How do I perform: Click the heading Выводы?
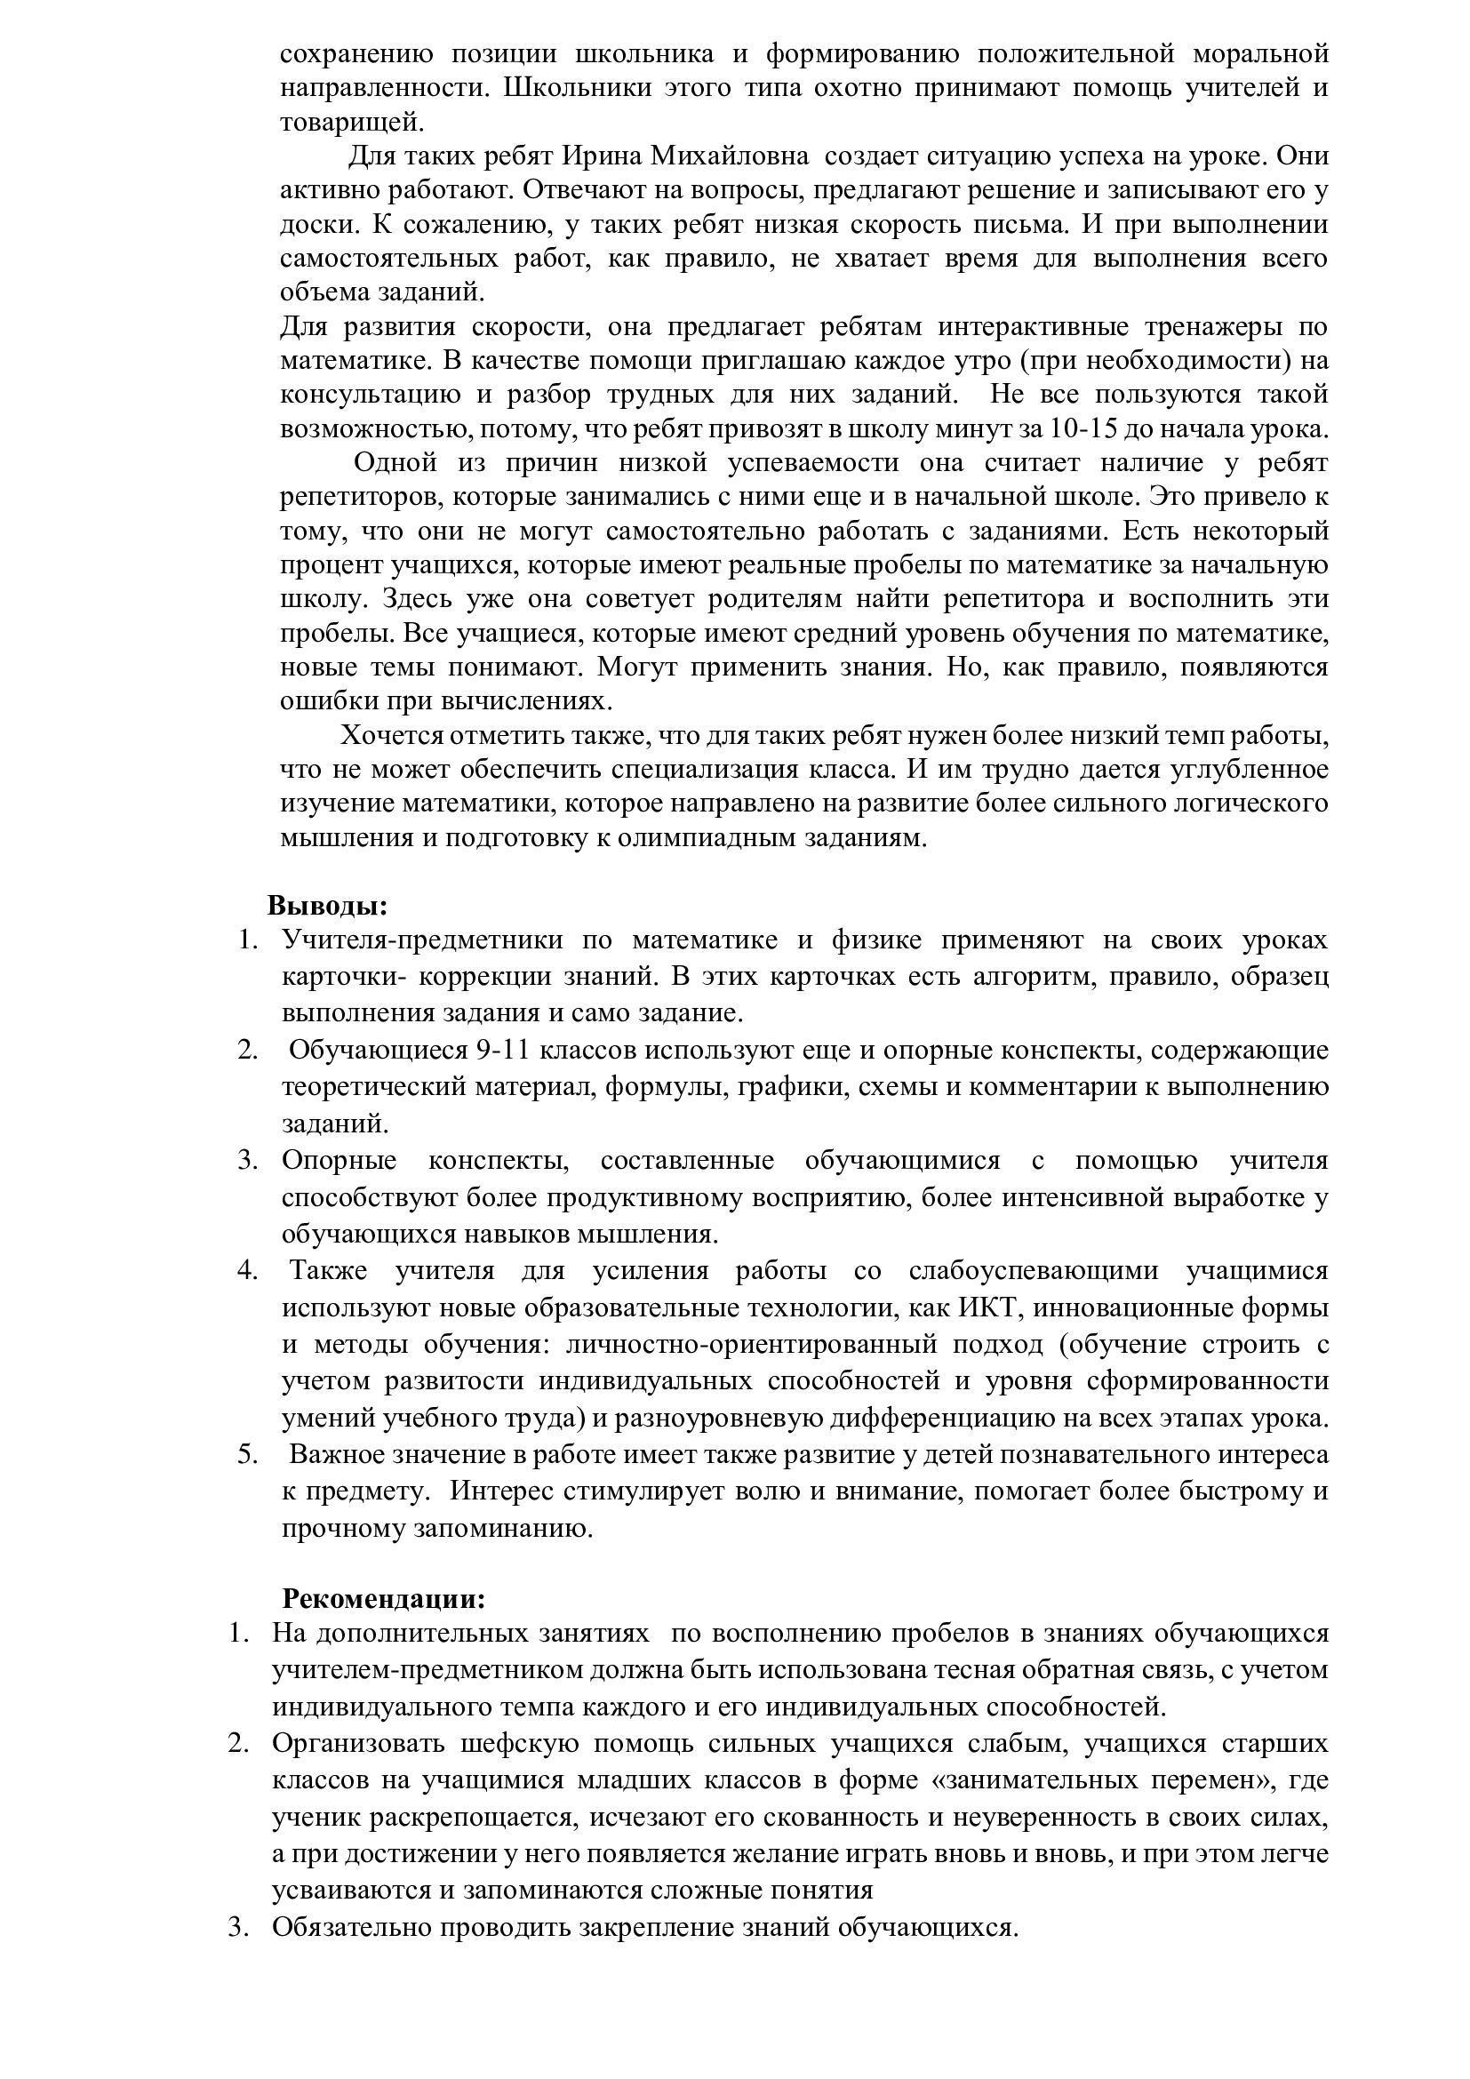tap(328, 906)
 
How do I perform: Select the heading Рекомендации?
tap(384, 1598)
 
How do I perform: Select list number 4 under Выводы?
tap(248, 1270)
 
